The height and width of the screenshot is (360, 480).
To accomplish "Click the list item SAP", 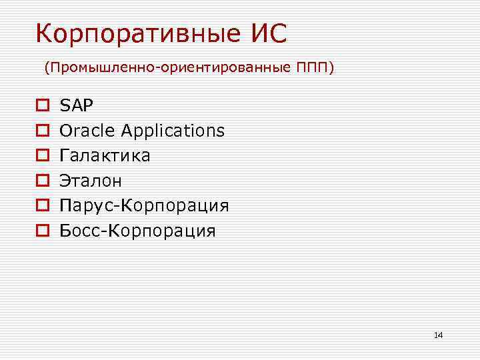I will (77, 105).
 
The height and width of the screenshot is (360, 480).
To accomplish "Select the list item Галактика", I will (105, 155).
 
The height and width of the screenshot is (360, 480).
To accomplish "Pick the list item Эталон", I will (91, 181).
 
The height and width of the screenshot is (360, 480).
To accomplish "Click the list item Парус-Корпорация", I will (144, 206).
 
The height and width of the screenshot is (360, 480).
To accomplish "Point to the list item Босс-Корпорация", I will (137, 231).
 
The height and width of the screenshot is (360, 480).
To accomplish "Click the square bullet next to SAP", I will (41, 105).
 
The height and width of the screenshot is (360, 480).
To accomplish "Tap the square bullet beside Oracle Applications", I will (41, 131).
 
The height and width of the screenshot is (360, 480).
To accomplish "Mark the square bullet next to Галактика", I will (41, 156).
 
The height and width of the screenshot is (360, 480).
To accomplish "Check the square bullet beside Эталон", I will (41, 181).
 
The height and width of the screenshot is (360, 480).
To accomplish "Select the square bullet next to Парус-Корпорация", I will (41, 206).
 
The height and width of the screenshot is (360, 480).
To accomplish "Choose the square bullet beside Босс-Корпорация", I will (41, 231).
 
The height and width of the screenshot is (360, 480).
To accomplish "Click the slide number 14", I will (438, 335).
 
